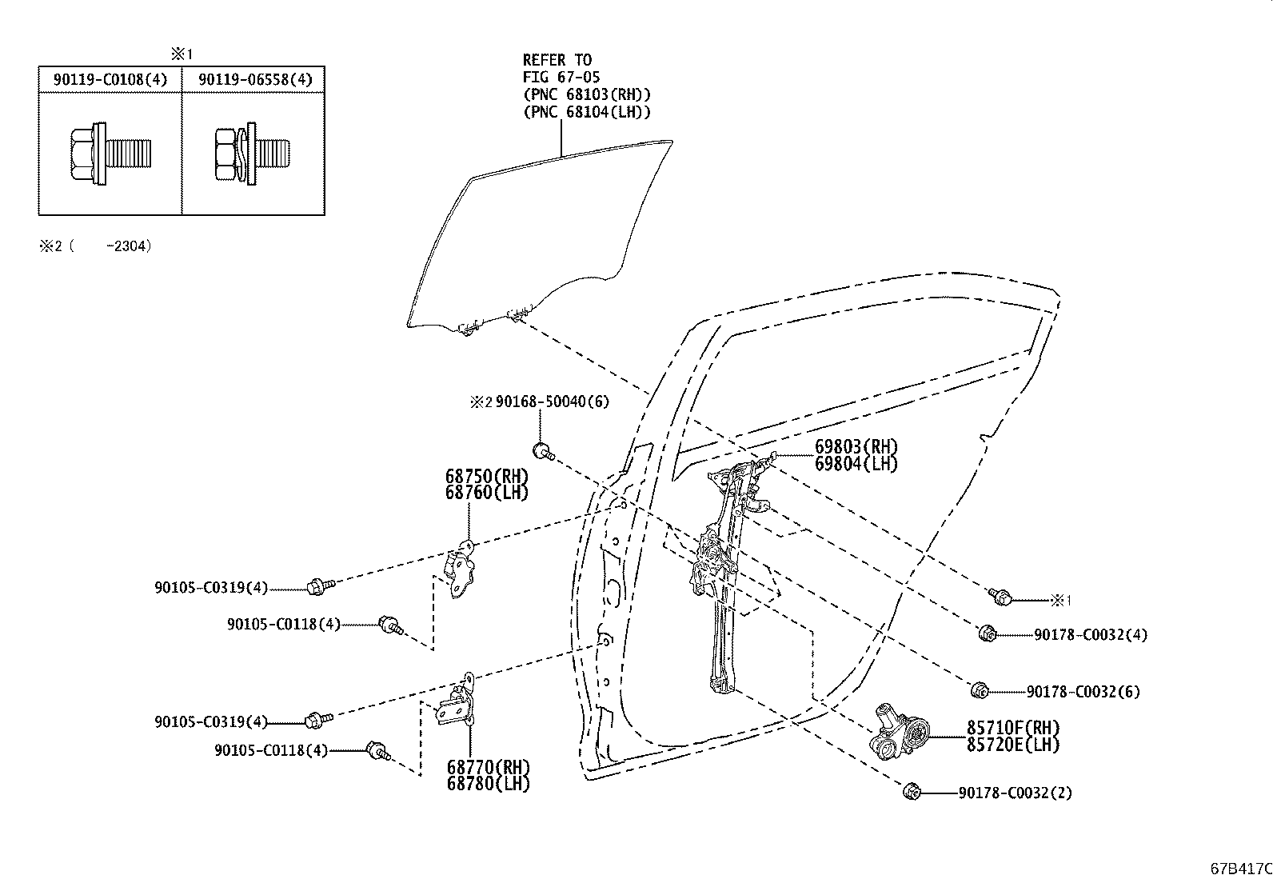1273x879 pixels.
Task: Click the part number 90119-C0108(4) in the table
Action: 110,79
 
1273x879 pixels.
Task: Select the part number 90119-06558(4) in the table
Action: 255,79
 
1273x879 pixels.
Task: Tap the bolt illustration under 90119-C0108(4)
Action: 111,154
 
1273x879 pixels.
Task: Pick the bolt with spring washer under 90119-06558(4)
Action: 253,154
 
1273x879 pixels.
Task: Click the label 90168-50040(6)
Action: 552,402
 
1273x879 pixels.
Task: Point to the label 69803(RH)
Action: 856,446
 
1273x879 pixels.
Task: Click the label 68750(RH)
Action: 486,476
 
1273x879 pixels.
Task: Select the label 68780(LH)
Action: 489,784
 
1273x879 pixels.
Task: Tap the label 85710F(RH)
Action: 1013,728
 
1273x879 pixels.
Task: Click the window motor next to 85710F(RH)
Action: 899,731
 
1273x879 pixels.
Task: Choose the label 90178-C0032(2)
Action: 1015,793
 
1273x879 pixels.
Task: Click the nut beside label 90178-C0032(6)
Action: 980,691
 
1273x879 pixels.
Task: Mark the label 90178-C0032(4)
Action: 1091,634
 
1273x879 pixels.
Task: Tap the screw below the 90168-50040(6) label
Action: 544,452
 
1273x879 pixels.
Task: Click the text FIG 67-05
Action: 561,78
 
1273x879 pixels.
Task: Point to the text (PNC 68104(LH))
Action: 587,111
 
